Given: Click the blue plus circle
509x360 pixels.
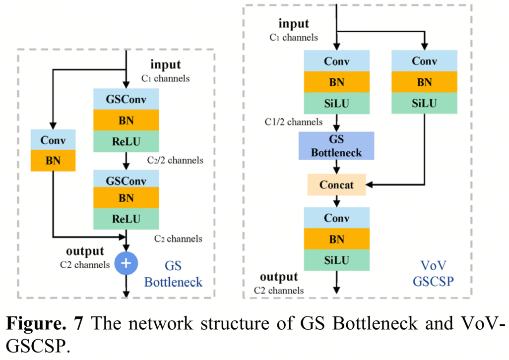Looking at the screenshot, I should tap(126, 263).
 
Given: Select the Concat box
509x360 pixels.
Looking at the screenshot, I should tap(337, 184).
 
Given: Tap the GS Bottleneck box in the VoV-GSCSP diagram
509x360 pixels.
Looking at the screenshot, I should tap(337, 146).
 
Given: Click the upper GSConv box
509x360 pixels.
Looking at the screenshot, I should tap(126, 99).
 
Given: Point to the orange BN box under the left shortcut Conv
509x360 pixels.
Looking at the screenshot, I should tap(53, 161).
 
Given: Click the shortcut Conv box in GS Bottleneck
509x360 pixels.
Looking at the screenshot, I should tap(53, 140).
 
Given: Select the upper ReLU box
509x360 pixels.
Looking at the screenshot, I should tap(126, 141).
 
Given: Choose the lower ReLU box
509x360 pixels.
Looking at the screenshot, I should tap(126, 219).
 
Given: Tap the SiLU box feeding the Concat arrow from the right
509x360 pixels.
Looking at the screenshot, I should tap(424, 104).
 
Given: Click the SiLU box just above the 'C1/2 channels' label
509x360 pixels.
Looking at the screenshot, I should tap(337, 104).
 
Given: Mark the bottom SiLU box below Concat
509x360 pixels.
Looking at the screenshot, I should tap(337, 260).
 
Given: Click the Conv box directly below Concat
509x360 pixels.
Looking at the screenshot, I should tap(337, 218).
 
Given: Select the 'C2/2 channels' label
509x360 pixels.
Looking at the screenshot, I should tap(175, 161).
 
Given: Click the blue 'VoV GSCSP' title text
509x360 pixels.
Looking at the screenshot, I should tap(434, 273).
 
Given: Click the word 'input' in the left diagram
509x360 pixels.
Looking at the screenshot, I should tap(166, 64).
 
